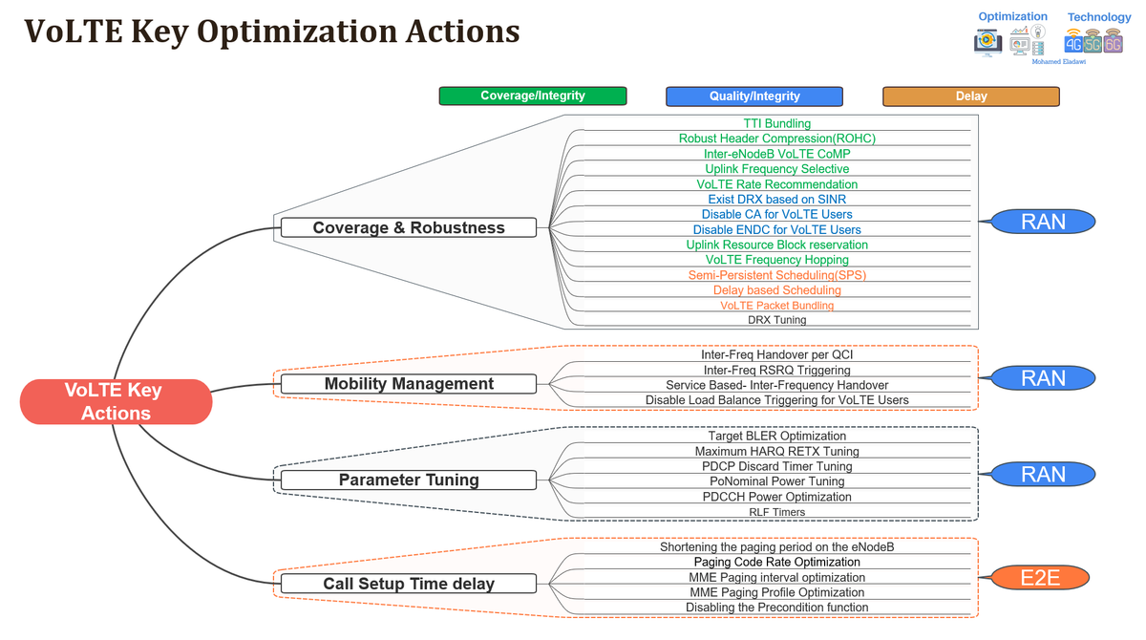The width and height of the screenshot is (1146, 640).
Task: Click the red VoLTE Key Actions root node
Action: pyautogui.click(x=116, y=401)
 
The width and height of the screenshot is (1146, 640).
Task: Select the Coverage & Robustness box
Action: pyautogui.click(x=409, y=227)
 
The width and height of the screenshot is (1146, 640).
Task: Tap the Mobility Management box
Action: pyautogui.click(x=409, y=384)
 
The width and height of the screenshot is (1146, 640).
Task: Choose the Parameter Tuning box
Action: pyautogui.click(x=409, y=480)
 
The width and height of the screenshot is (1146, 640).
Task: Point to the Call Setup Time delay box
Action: pyautogui.click(x=409, y=584)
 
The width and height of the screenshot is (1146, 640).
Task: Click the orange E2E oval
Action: pyautogui.click(x=1040, y=578)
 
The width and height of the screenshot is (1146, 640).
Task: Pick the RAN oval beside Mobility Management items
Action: pyautogui.click(x=1043, y=378)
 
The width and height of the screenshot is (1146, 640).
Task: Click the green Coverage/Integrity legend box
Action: pyautogui.click(x=533, y=96)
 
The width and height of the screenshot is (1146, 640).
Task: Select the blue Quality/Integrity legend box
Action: pyautogui.click(x=754, y=96)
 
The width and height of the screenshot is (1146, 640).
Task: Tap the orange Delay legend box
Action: pyautogui.click(x=971, y=96)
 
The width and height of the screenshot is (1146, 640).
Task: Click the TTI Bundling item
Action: pyautogui.click(x=776, y=124)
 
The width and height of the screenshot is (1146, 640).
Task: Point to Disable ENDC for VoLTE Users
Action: pyautogui.click(x=776, y=229)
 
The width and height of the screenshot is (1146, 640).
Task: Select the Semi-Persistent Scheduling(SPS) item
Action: pyautogui.click(x=776, y=275)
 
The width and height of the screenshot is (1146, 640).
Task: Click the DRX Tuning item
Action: pyautogui.click(x=776, y=320)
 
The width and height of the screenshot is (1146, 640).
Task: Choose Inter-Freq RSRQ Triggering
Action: pyautogui.click(x=776, y=370)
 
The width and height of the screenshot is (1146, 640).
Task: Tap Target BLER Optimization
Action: pyautogui.click(x=776, y=436)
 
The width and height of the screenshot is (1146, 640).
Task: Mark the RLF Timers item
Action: pyautogui.click(x=776, y=512)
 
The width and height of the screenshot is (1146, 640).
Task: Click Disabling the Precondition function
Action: pyautogui.click(x=776, y=608)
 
